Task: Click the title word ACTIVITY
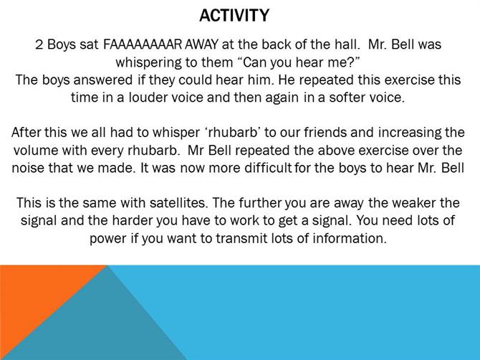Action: (234, 15)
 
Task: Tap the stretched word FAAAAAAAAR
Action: (143, 44)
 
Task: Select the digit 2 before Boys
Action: (39, 44)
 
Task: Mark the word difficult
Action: (268, 169)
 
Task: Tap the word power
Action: (108, 239)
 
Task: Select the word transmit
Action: (241, 238)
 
